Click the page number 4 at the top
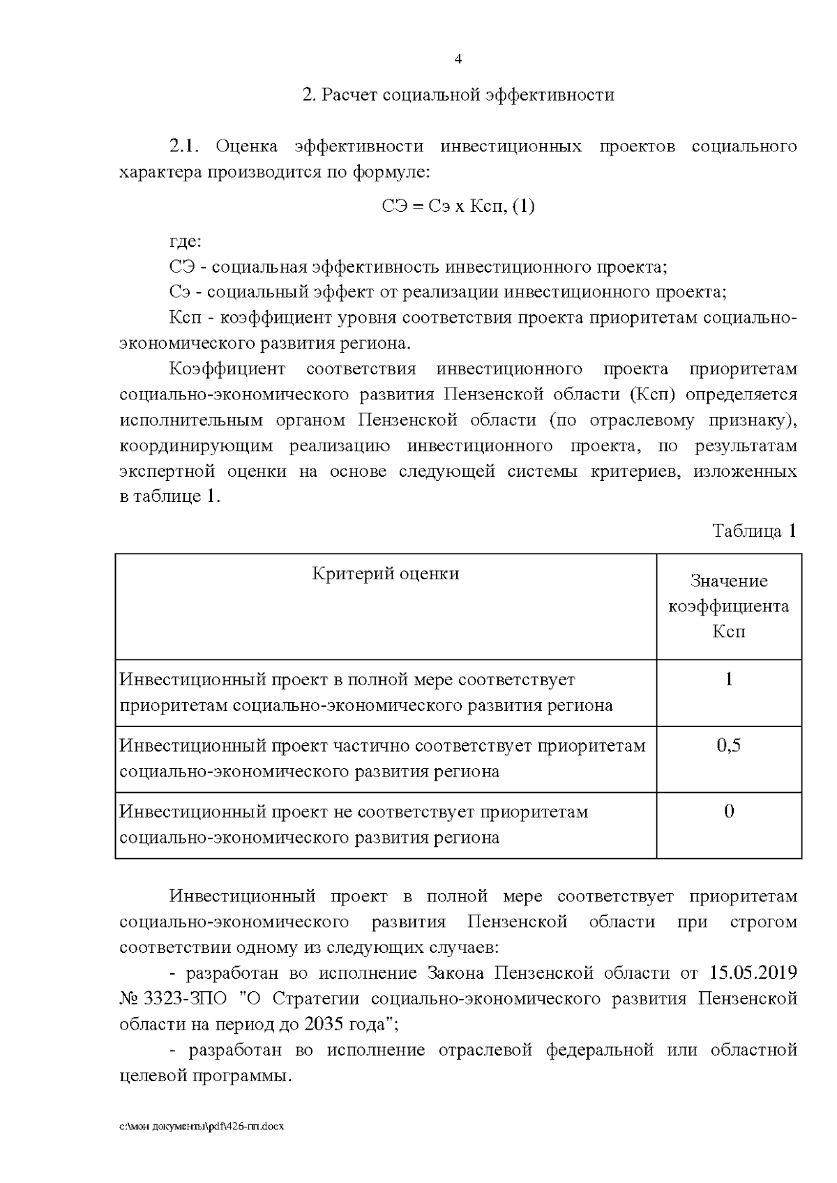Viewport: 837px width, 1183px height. [458, 59]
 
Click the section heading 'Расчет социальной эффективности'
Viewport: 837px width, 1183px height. [467, 95]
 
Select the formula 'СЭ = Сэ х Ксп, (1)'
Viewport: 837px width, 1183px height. [458, 206]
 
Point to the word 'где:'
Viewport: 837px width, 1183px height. [186, 242]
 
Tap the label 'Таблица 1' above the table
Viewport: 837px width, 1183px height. [754, 531]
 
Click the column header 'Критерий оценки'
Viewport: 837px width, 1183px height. [386, 574]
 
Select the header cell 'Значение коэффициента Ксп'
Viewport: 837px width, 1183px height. [729, 606]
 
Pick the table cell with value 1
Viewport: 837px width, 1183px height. [729, 680]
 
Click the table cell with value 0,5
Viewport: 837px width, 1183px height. [729, 746]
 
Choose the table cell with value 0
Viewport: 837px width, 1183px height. [729, 811]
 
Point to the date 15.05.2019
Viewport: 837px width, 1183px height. [753, 973]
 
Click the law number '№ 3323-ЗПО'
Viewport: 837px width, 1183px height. [173, 999]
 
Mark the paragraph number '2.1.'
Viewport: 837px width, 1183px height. [185, 146]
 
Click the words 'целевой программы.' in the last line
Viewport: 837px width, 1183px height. [205, 1076]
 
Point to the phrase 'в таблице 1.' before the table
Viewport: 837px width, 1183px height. [170, 498]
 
